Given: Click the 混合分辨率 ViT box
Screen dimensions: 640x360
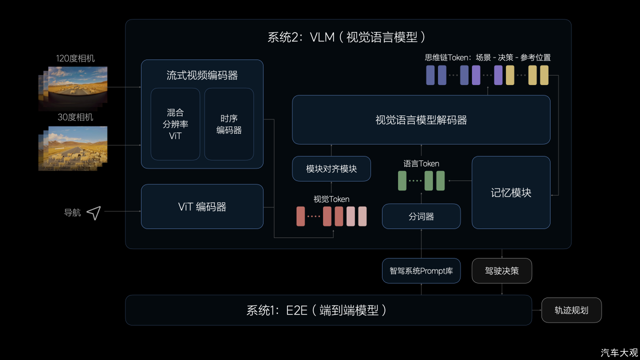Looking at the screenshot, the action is [x=175, y=124].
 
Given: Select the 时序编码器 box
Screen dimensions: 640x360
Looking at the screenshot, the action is [x=229, y=124].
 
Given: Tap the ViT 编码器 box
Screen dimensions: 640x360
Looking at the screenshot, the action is [x=202, y=206].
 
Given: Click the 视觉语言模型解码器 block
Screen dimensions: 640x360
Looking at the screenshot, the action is [x=421, y=119].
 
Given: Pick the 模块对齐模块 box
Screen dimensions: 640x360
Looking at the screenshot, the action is [x=331, y=168].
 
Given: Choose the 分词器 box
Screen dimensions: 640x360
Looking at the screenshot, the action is [x=421, y=216].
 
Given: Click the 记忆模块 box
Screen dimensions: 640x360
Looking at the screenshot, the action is [x=511, y=192].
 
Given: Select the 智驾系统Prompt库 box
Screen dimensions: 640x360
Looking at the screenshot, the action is [x=421, y=270].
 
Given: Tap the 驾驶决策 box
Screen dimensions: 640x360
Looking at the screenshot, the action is [x=501, y=270].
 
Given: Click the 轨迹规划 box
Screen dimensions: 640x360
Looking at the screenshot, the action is [x=571, y=310].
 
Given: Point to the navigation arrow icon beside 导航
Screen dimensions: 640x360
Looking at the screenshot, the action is [x=94, y=213].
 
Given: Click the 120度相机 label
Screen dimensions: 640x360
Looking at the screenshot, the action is [x=75, y=58].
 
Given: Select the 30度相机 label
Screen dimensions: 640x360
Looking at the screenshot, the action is [x=75, y=117].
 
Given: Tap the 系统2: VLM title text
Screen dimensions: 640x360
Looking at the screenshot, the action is [x=346, y=37].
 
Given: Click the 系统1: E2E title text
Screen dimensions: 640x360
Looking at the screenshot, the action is [x=316, y=310].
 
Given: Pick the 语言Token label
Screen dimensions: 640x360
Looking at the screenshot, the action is [x=421, y=163].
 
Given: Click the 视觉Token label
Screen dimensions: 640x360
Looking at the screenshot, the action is [x=331, y=199].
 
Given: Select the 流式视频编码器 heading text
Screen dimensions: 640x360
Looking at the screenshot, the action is [x=202, y=75].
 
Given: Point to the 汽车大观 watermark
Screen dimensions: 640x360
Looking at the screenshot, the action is [x=619, y=353].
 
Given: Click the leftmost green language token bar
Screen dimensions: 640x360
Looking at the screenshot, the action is [x=402, y=180].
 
